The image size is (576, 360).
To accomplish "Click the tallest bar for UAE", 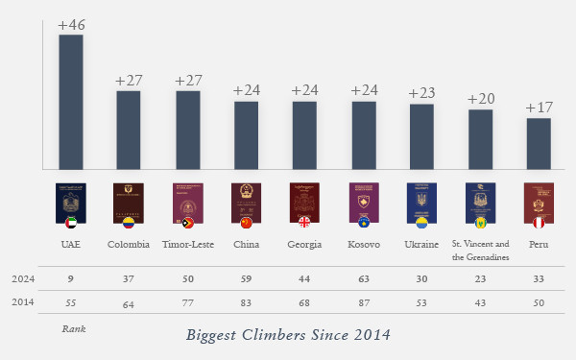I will pyautogui.click(x=70, y=103).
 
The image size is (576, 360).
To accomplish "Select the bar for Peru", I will pyautogui.click(x=539, y=144).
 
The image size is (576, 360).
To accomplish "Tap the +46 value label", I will pyautogui.click(x=71, y=25).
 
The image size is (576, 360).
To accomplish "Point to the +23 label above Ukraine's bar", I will pyautogui.click(x=421, y=93).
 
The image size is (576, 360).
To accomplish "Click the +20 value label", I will pyautogui.click(x=481, y=99).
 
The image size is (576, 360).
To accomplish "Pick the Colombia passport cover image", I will pyautogui.click(x=128, y=203).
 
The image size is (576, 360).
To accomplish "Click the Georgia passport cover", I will pyautogui.click(x=304, y=203).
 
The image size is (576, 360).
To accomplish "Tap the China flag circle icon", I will pyautogui.click(x=246, y=224).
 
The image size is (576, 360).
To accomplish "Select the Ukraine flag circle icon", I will pyautogui.click(x=421, y=224).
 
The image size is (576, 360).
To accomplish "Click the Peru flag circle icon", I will pyautogui.click(x=539, y=224).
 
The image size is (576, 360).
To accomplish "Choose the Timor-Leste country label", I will pyautogui.click(x=187, y=245).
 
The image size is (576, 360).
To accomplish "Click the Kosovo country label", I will pyautogui.click(x=363, y=245).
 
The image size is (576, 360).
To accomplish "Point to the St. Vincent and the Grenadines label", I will pyautogui.click(x=481, y=251).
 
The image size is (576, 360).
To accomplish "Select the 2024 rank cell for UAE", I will pyautogui.click(x=71, y=279).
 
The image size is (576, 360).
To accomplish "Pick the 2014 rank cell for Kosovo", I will pyautogui.click(x=363, y=302).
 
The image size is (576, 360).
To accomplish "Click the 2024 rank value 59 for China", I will pyautogui.click(x=246, y=279).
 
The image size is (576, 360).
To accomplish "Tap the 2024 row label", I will pyautogui.click(x=23, y=279).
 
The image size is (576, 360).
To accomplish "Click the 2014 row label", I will pyautogui.click(x=23, y=302).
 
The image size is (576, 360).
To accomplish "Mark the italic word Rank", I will pyautogui.click(x=74, y=328).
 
